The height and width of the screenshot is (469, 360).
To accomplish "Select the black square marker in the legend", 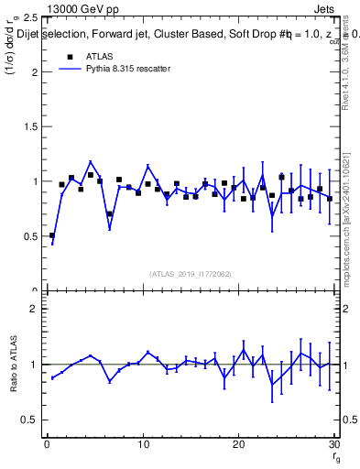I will [69, 56].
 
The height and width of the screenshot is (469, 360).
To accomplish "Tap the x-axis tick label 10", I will [143, 445].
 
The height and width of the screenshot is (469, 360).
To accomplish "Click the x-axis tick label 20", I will [238, 445].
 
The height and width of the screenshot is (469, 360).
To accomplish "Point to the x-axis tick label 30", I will [333, 445].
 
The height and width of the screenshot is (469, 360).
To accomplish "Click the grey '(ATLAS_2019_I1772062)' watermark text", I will [191, 274].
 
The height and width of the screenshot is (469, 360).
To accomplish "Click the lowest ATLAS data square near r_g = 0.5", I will [52, 235].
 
